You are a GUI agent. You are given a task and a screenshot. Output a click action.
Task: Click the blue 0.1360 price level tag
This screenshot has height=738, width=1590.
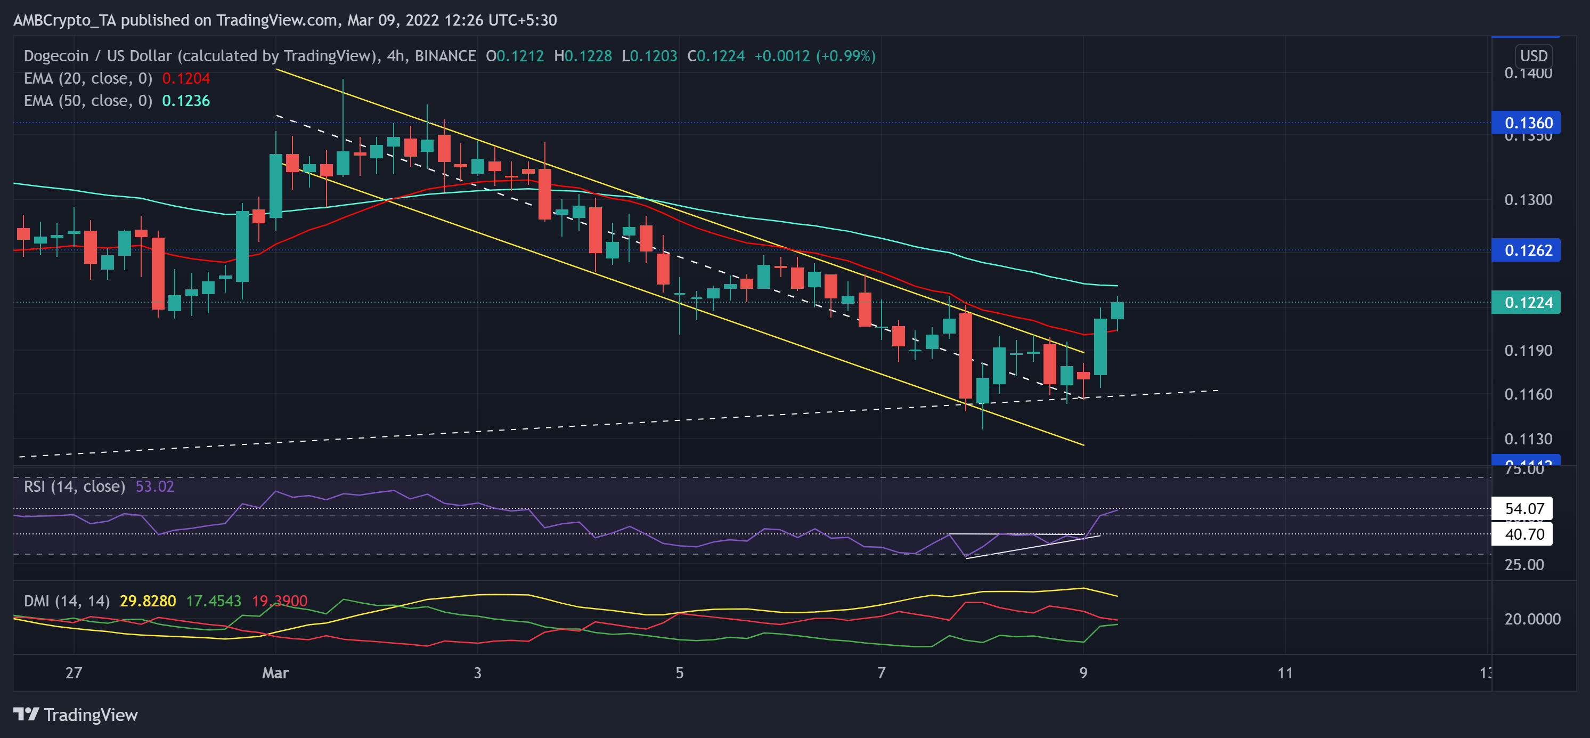pyautogui.click(x=1525, y=123)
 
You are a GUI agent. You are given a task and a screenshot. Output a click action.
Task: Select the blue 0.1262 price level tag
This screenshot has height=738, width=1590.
pyautogui.click(x=1525, y=250)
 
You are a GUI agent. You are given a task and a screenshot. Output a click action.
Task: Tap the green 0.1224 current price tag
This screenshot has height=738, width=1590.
pyautogui.click(x=1525, y=303)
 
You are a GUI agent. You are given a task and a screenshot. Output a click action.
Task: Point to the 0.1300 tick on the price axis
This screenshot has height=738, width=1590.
pyautogui.click(x=1528, y=199)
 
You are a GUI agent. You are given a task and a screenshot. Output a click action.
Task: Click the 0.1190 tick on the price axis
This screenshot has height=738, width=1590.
pyautogui.click(x=1528, y=350)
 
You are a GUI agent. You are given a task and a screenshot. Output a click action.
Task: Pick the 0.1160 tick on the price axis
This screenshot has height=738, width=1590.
pyautogui.click(x=1528, y=394)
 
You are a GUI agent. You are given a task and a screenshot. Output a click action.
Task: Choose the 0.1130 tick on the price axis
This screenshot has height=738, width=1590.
pyautogui.click(x=1528, y=439)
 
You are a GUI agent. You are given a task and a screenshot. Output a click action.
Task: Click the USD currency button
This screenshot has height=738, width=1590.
pyautogui.click(x=1533, y=55)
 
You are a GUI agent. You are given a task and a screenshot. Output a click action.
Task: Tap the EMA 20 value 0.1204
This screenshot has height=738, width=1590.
pyautogui.click(x=186, y=78)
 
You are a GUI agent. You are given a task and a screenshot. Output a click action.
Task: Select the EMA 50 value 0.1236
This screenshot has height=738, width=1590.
pyautogui.click(x=186, y=101)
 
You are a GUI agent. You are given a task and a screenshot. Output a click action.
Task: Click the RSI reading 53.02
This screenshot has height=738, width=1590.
pyautogui.click(x=154, y=486)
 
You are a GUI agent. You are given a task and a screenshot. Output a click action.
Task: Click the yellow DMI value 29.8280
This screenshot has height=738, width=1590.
pyautogui.click(x=148, y=601)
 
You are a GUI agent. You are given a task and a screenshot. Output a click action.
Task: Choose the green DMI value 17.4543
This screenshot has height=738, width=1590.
pyautogui.click(x=213, y=601)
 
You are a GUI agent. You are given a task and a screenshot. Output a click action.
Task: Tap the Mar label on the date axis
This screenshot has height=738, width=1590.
pyautogui.click(x=275, y=672)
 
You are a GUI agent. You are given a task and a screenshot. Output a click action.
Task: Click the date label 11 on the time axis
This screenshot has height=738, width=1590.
pyautogui.click(x=1285, y=672)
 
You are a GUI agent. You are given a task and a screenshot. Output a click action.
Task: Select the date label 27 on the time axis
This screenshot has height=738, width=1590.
pyautogui.click(x=74, y=672)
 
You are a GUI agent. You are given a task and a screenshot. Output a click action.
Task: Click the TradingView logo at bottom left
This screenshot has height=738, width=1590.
pyautogui.click(x=75, y=715)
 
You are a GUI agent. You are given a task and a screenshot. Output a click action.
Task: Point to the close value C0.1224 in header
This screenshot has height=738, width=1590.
pyautogui.click(x=716, y=56)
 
